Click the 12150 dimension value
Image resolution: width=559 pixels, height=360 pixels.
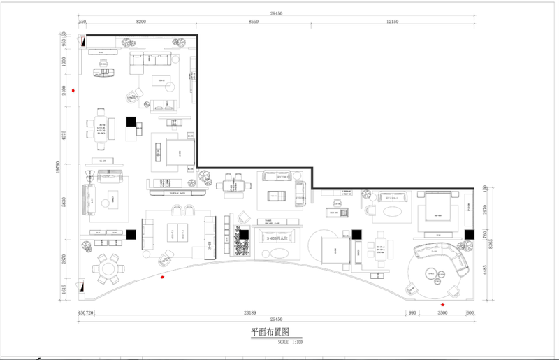392,22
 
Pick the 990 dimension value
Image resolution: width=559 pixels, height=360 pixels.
413,315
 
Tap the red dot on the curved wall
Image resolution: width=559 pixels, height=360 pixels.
163,278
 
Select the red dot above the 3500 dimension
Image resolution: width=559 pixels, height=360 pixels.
442,305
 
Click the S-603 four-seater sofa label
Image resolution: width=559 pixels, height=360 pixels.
277,239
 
